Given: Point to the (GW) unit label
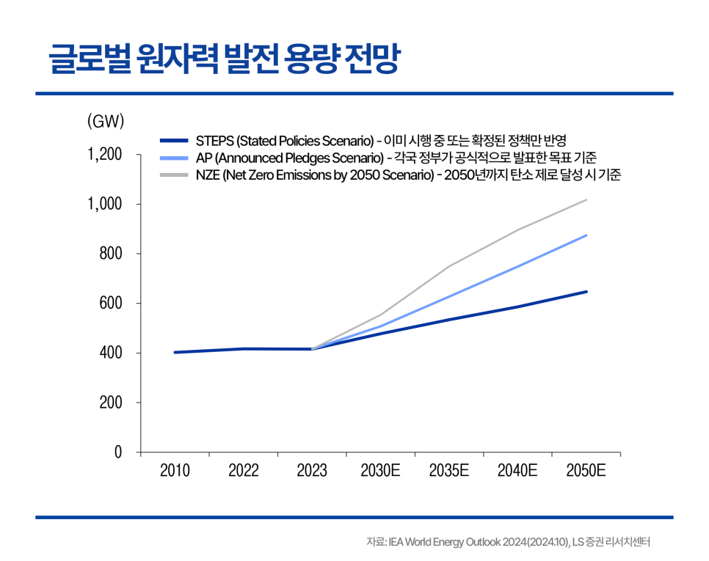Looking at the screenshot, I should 106,122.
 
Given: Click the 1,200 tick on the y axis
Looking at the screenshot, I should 105,155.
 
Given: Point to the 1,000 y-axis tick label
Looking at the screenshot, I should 105,204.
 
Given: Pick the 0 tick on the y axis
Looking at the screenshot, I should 117,452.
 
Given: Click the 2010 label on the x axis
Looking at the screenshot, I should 175,471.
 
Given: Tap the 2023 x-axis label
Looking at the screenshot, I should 312,471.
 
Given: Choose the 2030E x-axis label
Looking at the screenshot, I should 380,471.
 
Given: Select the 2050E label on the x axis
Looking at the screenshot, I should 586,471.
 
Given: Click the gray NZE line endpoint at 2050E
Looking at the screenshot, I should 586,199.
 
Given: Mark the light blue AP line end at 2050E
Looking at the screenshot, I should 586,235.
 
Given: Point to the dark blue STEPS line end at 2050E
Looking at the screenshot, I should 586,292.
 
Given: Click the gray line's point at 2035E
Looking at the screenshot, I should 449,265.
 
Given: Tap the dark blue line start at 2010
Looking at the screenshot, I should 175,352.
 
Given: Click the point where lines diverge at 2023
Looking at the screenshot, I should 312,349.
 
